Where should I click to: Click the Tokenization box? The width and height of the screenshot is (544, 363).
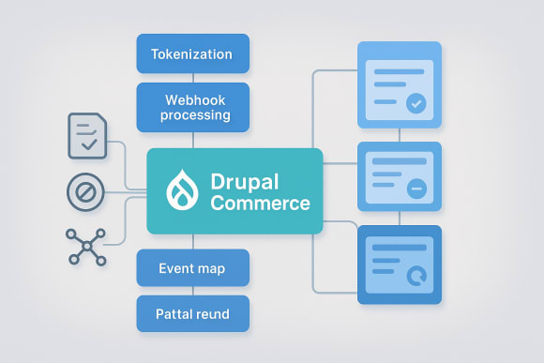pyautogui.click(x=192, y=53)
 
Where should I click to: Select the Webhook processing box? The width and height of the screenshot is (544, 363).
pyautogui.click(x=192, y=106)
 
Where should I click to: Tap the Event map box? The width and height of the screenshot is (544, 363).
pyautogui.click(x=192, y=267)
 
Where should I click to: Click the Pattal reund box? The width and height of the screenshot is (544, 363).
pyautogui.click(x=192, y=312)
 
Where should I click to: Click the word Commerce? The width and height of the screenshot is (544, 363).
pyautogui.click(x=261, y=204)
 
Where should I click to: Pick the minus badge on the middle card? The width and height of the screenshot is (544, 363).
pyautogui.click(x=416, y=189)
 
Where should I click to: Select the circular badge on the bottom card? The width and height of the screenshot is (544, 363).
pyautogui.click(x=416, y=275)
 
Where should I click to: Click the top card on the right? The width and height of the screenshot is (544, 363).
pyautogui.click(x=400, y=84)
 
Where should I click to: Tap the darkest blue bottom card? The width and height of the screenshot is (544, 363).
pyautogui.click(x=400, y=265)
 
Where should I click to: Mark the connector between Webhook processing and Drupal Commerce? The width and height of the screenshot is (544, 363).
pyautogui.click(x=192, y=139)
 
